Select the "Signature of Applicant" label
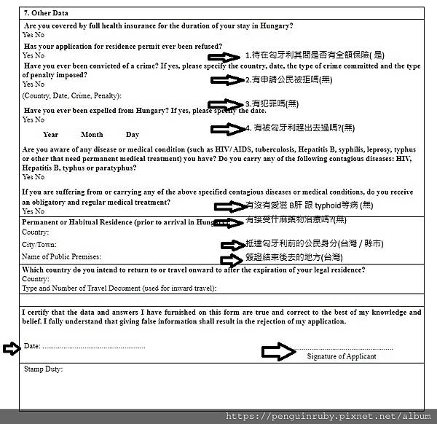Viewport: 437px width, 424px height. point(342,356)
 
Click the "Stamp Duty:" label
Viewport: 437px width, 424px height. point(43,369)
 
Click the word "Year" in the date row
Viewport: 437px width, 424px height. point(50,134)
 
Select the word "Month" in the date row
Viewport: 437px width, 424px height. point(92,134)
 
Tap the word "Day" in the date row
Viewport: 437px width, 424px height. point(132,134)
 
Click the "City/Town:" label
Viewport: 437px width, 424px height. point(39,245)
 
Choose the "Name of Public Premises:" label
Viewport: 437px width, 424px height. point(61,256)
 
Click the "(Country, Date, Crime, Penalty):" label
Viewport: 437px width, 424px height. point(71,95)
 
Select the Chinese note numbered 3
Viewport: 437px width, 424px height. point(272,103)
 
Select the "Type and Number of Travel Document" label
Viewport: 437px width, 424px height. point(119,288)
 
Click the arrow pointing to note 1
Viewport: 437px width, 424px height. point(224,56)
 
